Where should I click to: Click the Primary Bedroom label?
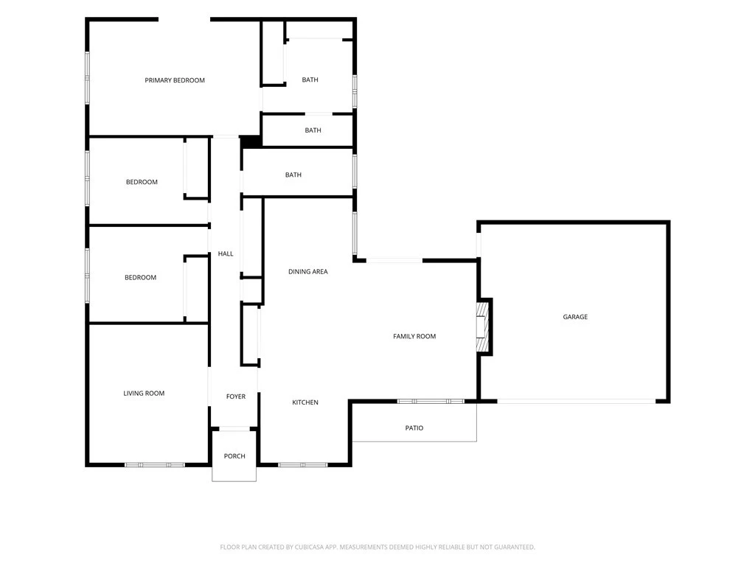tap(175, 80)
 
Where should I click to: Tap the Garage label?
tap(575, 317)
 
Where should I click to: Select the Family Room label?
tap(414, 336)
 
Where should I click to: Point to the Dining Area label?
tap(308, 271)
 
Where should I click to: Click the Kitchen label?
tap(305, 402)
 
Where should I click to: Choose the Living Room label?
tap(144, 394)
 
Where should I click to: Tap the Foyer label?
tap(236, 396)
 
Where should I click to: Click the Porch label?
tap(234, 456)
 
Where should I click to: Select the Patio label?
tap(414, 428)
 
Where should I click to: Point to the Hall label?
tap(226, 254)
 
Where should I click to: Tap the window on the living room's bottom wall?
tap(155, 465)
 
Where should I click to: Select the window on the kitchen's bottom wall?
tap(303, 465)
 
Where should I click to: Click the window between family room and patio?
tap(431, 402)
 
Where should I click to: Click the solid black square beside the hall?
tap(250, 141)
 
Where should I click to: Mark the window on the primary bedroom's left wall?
tap(87, 77)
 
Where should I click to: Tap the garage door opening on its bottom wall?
tap(576, 402)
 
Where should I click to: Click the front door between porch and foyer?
tap(234, 428)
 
